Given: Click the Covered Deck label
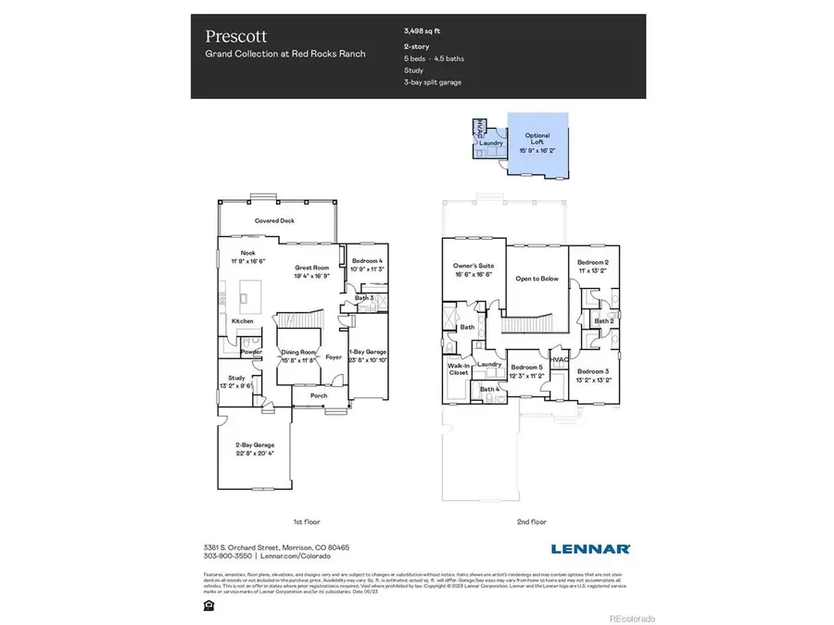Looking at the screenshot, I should (274, 220).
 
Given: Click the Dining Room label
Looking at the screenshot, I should (297, 356).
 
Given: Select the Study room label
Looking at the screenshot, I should (236, 381).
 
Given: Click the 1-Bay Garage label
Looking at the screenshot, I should (367, 356).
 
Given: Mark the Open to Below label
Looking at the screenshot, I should (536, 278).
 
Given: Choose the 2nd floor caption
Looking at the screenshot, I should (533, 521).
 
